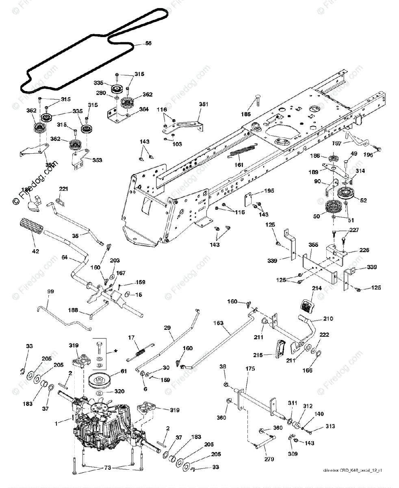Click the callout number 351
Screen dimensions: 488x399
204,104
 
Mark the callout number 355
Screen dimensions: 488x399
313,245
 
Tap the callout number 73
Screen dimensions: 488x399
108,468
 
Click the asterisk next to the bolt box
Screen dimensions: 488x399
117,351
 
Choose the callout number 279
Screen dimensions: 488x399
269,459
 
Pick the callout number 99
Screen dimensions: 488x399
50,291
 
